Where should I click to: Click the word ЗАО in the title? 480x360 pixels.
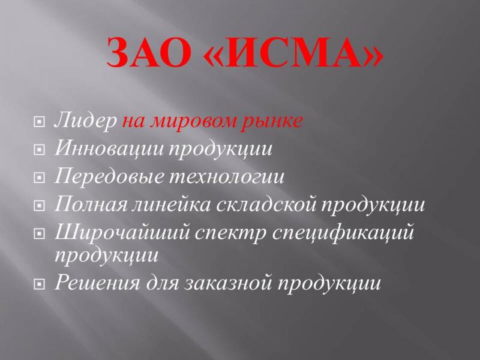148,52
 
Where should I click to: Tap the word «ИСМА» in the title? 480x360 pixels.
293,52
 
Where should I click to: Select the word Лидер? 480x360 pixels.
85,121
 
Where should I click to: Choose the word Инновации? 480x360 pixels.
109,148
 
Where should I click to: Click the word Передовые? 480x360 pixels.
109,176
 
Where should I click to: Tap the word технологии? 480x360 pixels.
227,177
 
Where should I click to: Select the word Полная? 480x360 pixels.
91,203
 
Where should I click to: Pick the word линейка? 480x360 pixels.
171,203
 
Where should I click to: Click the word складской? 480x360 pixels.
266,203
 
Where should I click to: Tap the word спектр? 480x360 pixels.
231,233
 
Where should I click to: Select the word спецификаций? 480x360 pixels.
343,233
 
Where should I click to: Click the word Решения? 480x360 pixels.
97,282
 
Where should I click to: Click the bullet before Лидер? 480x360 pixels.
38,122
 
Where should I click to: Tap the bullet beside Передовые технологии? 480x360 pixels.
38,178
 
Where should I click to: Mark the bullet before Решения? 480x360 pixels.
38,284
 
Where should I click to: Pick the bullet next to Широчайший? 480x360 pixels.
38,234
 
